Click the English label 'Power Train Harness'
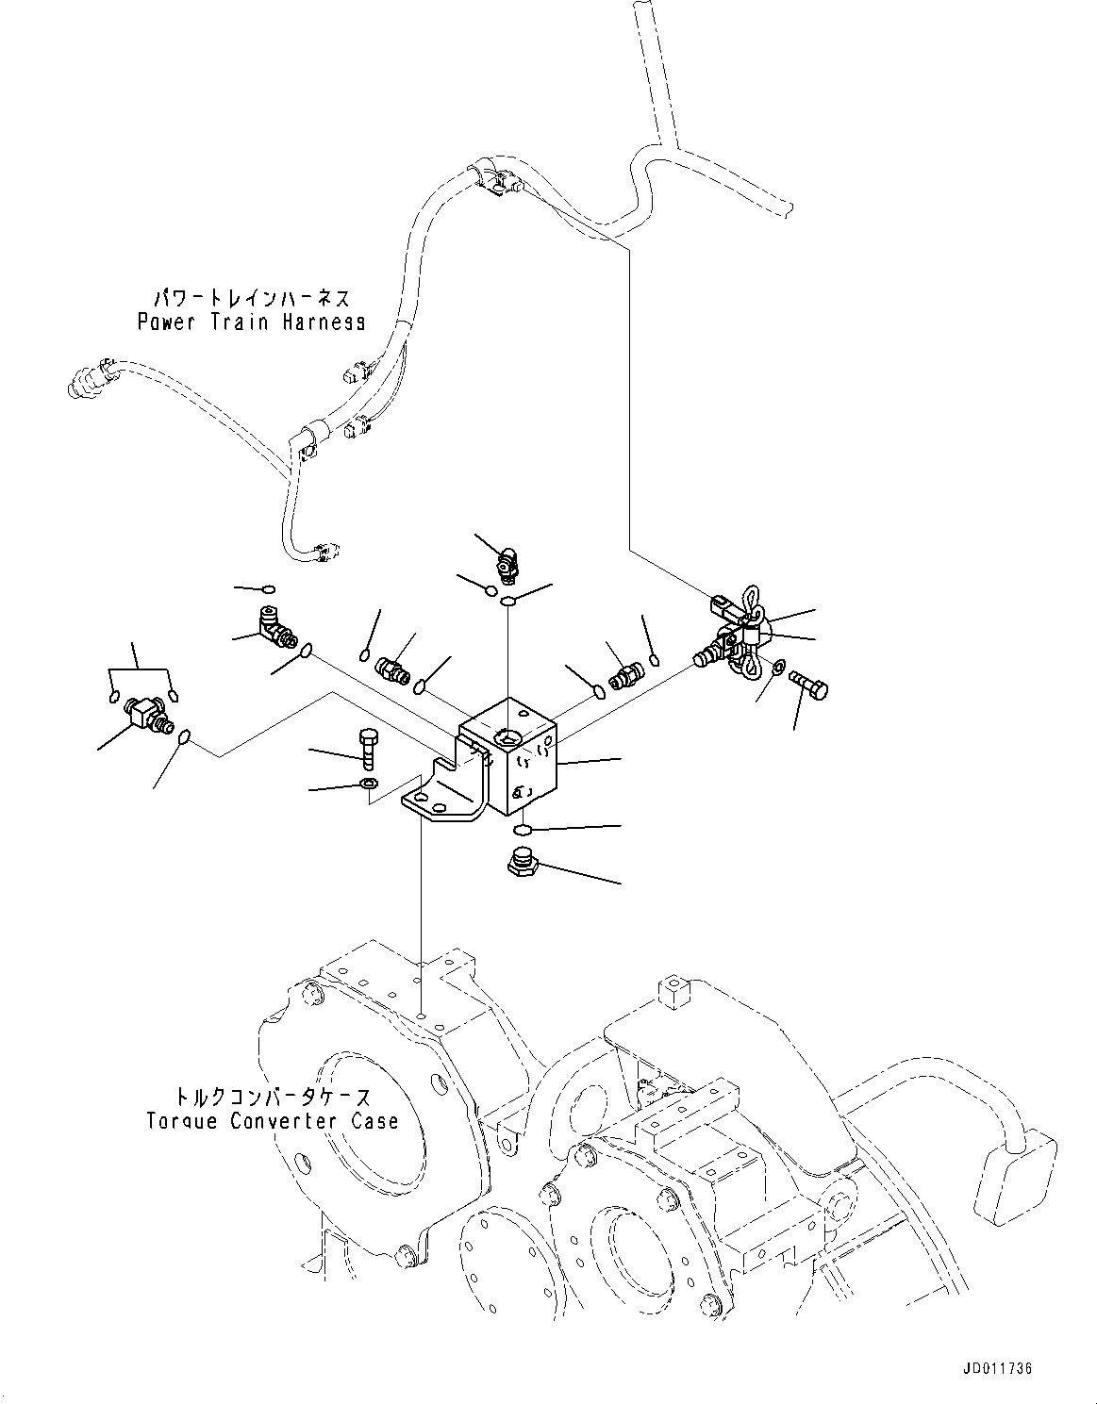tap(251, 322)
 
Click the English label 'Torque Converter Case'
tap(272, 1121)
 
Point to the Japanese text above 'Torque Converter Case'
tap(272, 1097)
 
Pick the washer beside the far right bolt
tap(777, 669)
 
